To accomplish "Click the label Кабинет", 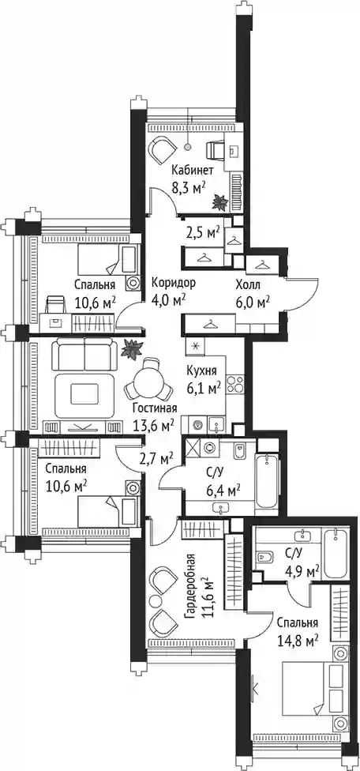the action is [x=192, y=171].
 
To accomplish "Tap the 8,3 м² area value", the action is [x=188, y=187].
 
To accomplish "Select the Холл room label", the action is [x=248, y=284].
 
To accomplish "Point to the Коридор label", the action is [x=174, y=283].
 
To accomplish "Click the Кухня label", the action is [x=201, y=371].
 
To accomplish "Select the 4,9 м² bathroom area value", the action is [x=302, y=571].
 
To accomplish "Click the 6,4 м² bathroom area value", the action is [x=223, y=490].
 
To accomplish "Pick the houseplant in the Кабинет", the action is [x=219, y=202].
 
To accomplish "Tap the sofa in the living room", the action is [x=84, y=354].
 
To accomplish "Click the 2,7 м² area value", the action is [x=155, y=459].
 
